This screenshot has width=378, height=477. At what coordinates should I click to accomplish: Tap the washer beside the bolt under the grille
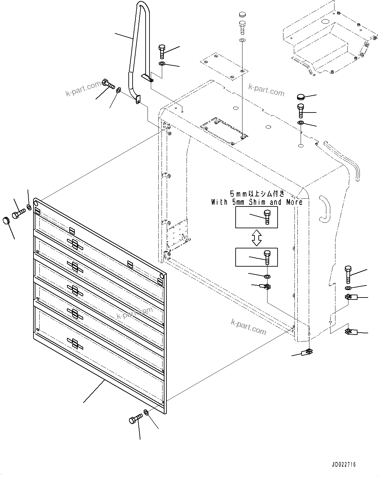pos(146,412)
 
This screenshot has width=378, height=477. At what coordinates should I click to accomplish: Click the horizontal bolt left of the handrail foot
pos(109,84)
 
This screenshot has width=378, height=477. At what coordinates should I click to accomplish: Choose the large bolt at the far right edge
pos(348,274)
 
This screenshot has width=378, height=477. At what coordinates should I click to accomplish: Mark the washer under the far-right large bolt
pos(348,288)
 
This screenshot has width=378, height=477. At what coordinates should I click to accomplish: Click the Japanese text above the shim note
pos(257,194)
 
